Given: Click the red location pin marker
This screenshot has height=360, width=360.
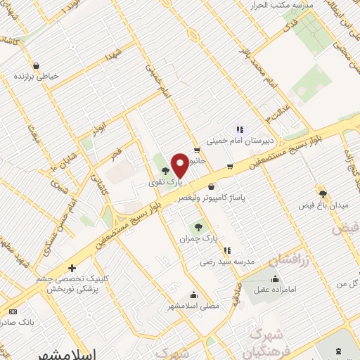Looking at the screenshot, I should pyautogui.click(x=180, y=165).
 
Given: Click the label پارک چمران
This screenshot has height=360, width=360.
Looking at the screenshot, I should pyautogui.click(x=199, y=239).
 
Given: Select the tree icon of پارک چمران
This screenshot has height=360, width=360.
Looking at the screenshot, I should pyautogui.click(x=198, y=227).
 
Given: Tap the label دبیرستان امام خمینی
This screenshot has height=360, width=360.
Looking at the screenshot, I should pyautogui.click(x=238, y=140).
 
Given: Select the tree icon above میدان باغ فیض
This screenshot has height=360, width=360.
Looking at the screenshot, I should pyautogui.click(x=323, y=193).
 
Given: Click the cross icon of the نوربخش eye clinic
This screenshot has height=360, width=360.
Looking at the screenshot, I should pyautogui.click(x=72, y=268).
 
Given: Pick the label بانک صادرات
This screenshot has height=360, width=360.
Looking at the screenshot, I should pyautogui.click(x=17, y=322).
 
